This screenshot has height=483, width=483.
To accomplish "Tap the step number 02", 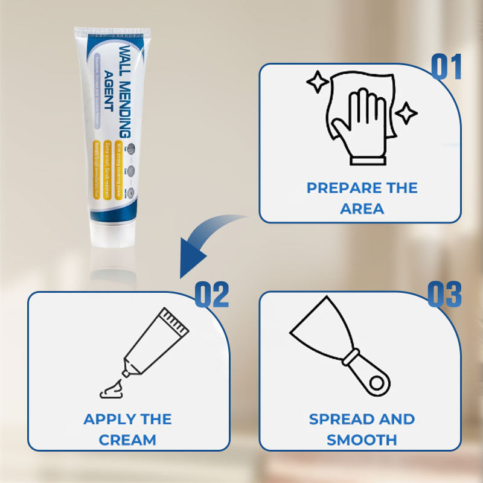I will click(x=211, y=295).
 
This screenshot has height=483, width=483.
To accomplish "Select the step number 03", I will click(x=444, y=295).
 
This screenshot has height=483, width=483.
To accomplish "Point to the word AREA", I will click(x=362, y=209).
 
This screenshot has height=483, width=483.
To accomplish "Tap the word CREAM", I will click(x=127, y=440).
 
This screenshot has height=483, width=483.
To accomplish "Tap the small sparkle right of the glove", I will click(x=406, y=113).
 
